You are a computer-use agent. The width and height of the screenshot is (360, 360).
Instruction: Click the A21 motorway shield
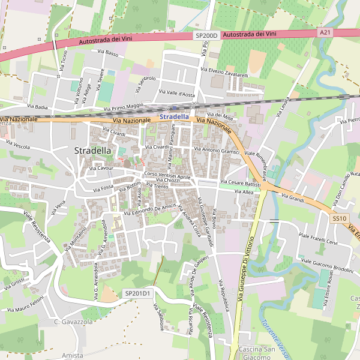click(325, 32)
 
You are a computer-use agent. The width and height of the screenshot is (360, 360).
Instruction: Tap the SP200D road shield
click(205, 36)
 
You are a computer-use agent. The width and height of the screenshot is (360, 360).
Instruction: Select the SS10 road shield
click(340, 218)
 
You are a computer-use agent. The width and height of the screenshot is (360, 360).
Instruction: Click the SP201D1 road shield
click(138, 293)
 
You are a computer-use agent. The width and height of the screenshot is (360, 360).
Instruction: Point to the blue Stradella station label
click(175, 116)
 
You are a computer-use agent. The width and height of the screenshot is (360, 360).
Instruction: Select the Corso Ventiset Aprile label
click(167, 175)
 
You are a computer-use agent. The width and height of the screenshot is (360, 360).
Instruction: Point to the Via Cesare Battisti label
click(240, 182)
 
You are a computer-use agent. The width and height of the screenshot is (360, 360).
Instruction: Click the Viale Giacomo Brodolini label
click(327, 266)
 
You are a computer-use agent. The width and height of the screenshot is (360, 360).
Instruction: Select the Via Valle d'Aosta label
click(177, 94)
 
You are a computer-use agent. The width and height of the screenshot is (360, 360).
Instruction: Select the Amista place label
click(72, 356)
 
